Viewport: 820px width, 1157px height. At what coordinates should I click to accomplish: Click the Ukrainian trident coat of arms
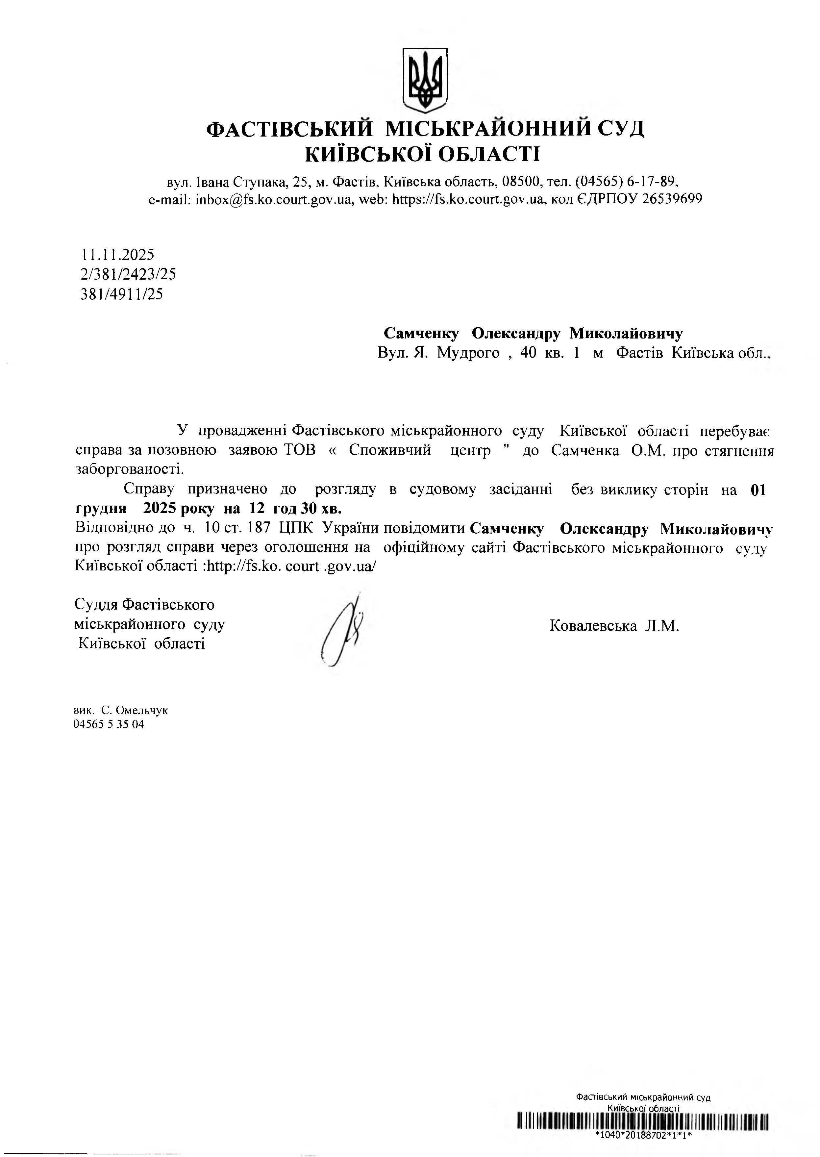(x=425, y=80)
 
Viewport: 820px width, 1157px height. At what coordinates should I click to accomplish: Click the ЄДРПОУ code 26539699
(x=672, y=199)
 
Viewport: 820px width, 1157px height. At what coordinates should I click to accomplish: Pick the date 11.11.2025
(x=118, y=254)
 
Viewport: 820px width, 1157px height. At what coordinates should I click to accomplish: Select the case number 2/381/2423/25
(x=128, y=274)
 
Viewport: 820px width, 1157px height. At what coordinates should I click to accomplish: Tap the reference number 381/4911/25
(x=122, y=294)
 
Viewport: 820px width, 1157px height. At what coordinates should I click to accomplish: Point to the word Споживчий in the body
(x=390, y=450)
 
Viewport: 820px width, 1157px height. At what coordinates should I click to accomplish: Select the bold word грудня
(x=101, y=508)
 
